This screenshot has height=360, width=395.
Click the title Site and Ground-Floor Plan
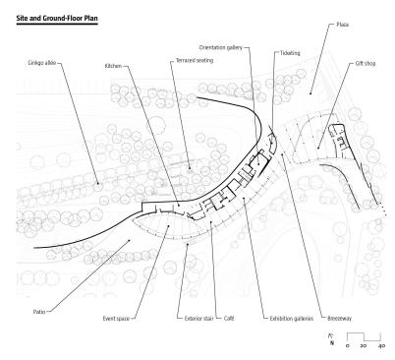click(57, 18)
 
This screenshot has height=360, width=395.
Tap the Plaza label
click(343, 25)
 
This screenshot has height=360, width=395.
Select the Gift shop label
click(366, 63)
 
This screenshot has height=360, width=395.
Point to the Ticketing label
click(290, 53)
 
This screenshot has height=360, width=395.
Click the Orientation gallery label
click(221, 47)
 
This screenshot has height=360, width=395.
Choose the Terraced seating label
click(195, 60)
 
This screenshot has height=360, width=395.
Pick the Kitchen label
click(113, 66)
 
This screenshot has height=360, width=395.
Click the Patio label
click(39, 312)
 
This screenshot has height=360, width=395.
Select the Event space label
click(116, 319)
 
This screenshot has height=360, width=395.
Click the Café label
click(229, 319)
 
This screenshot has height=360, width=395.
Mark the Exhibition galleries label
click(292, 319)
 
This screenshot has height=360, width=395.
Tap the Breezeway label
click(339, 319)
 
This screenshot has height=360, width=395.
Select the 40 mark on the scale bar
click(381, 345)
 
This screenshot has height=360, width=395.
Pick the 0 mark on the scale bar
click(347, 345)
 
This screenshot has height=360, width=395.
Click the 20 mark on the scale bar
click(364, 345)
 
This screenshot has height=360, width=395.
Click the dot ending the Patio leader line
click(130, 240)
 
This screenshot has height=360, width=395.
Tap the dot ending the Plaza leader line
click(310, 94)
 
